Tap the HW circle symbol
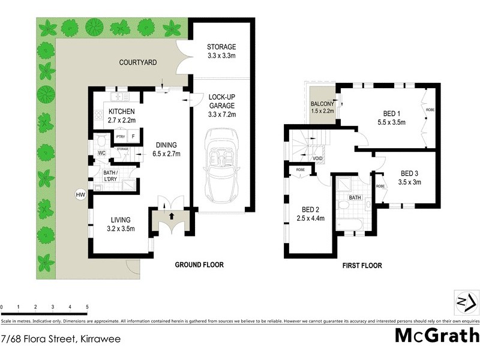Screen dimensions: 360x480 [x=79, y=194]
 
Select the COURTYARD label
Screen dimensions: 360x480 [x=139, y=62]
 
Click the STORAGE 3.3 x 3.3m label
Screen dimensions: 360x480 [x=221, y=52]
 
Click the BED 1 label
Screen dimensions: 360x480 [x=394, y=117]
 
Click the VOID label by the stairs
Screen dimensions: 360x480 [x=318, y=159]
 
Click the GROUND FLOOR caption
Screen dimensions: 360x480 [x=199, y=265]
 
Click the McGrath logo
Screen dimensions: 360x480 [x=437, y=335]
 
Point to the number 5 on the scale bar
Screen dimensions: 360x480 [x=88, y=307]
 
